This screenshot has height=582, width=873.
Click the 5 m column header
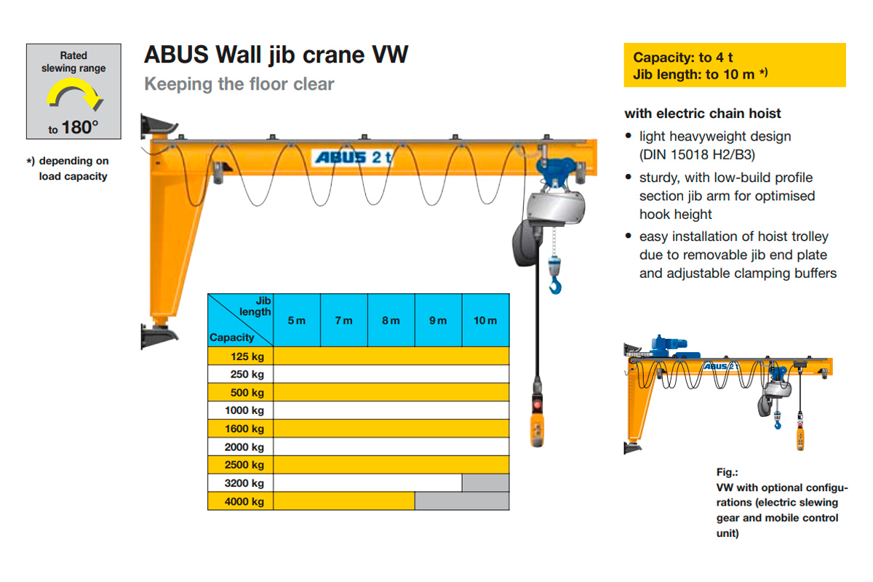coord(297,320)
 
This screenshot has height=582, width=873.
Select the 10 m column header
coord(485,320)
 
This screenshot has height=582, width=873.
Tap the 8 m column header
coord(391,320)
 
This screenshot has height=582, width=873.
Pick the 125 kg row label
coord(247,356)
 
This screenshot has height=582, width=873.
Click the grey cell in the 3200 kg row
coord(485,483)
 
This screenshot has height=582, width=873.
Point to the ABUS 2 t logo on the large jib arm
coord(352,158)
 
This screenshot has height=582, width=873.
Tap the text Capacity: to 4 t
coord(683,57)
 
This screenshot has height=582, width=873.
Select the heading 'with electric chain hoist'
coord(703,113)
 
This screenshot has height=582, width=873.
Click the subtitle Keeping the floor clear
coord(239,84)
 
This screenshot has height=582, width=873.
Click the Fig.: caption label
coord(727,473)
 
